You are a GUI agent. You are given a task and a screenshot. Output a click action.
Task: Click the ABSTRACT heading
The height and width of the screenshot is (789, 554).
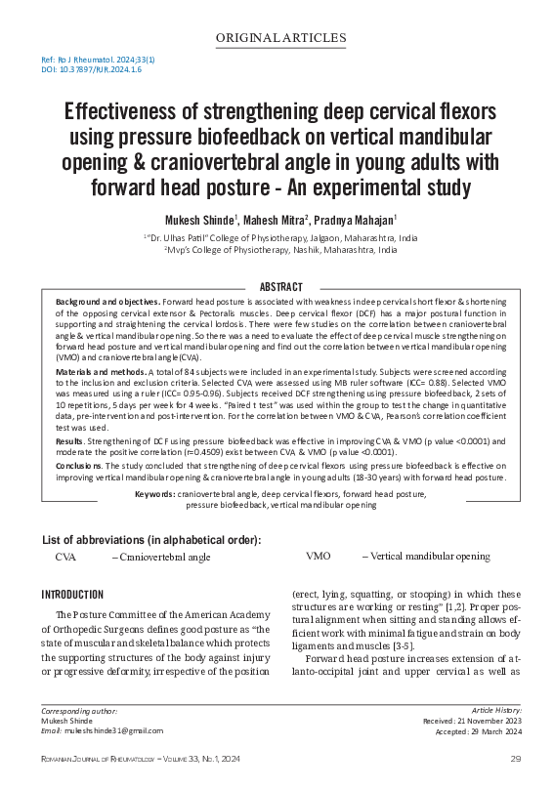277,286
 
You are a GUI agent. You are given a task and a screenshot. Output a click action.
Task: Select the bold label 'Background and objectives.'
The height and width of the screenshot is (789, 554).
107,303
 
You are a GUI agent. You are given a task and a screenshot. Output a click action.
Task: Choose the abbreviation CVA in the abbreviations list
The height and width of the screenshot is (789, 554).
65,557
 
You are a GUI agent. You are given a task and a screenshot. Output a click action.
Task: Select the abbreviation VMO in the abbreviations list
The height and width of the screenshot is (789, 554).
319,557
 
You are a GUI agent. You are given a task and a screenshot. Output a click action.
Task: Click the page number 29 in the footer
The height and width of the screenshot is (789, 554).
514,759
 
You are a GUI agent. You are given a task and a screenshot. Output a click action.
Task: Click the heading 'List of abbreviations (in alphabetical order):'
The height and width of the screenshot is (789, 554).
151,540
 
